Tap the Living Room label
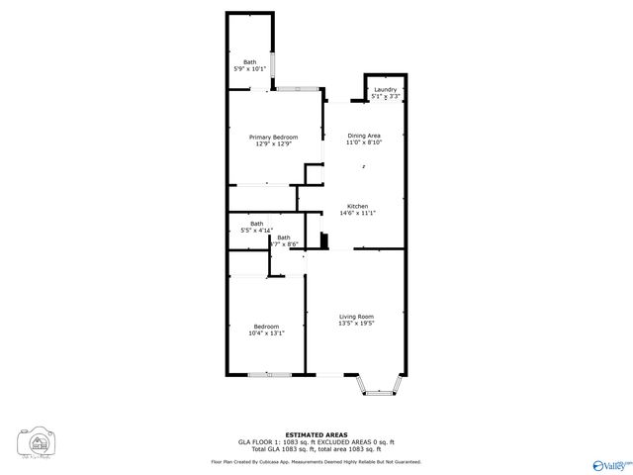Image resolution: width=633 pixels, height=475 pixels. tap(356, 316)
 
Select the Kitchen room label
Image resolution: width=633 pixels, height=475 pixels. tap(357, 206)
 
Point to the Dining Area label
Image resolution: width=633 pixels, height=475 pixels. tap(363, 135)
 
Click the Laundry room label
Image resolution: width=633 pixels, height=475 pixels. tap(385, 89)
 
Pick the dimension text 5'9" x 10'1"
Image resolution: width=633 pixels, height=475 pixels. tap(249, 69)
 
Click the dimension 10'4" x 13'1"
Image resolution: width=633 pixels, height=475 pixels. tap(266, 333)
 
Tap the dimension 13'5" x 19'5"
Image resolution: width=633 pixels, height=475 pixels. tap(356, 323)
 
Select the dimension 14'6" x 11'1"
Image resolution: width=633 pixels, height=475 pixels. tap(357, 213)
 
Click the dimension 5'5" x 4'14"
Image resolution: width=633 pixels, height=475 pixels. tap(256, 231)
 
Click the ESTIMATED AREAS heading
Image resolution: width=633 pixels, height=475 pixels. tap(316, 434)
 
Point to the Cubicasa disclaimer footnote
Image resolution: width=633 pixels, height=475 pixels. tap(316, 461)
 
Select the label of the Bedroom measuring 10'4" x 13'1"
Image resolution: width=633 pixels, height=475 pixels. tap(266, 327)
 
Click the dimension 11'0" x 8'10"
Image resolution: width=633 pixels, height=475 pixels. tap(363, 142)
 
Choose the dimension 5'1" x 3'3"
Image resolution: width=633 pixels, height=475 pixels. tap(385, 96)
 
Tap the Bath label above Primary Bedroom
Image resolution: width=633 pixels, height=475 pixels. tap(249, 62)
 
